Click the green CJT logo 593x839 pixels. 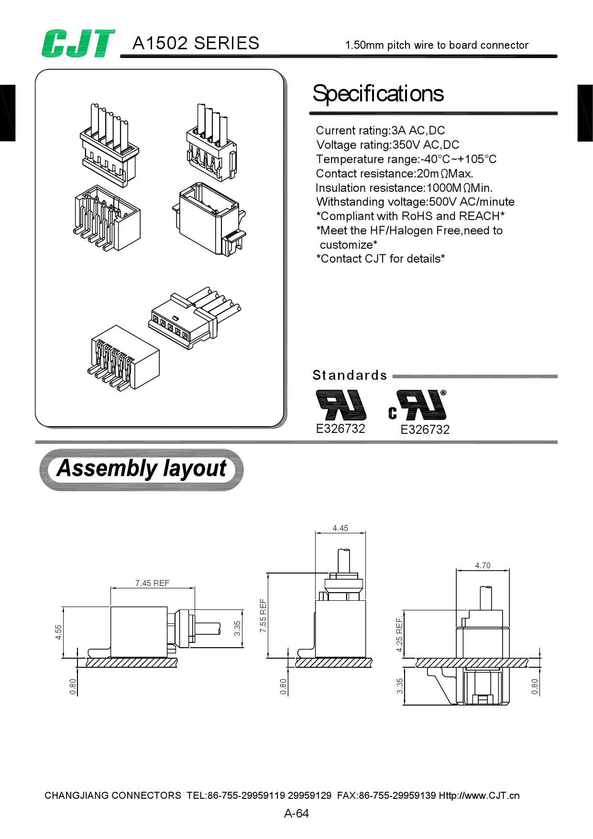click(78, 44)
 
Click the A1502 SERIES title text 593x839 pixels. click(196, 44)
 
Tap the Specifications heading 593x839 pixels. click(378, 94)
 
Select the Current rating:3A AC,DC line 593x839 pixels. click(380, 131)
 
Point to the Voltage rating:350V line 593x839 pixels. click(387, 145)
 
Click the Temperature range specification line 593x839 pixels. click(406, 159)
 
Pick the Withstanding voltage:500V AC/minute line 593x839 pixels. click(415, 202)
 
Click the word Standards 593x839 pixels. click(350, 375)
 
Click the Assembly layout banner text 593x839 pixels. click(142, 469)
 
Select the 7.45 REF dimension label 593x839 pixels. click(152, 583)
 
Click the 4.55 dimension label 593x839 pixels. click(58, 632)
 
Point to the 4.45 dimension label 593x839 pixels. click(340, 528)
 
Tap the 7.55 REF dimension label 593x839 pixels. click(263, 616)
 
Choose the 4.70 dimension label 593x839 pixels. click(483, 565)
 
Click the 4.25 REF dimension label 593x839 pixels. click(399, 634)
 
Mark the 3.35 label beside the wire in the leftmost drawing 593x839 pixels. click(237, 629)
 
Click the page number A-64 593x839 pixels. click(296, 814)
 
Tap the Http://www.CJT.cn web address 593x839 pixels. click(479, 795)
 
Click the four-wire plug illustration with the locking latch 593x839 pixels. click(211, 143)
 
